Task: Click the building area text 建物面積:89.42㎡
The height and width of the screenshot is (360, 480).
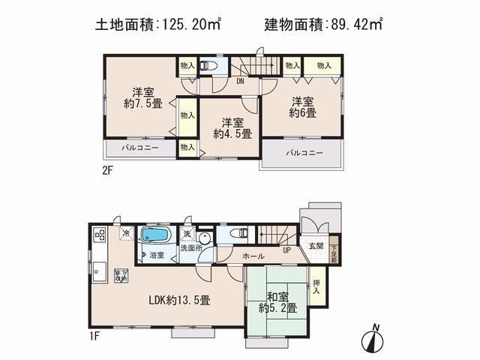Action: coord(323,25)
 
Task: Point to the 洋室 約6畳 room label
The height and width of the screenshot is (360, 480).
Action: coord(304,107)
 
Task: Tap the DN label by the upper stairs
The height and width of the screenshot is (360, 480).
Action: coord(240,80)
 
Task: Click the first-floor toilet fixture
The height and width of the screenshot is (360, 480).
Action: coord(240,234)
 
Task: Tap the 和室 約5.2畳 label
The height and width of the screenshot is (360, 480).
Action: coord(277,301)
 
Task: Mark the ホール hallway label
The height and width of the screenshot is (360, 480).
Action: coord(252,256)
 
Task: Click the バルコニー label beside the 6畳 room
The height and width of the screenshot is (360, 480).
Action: coord(303,153)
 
